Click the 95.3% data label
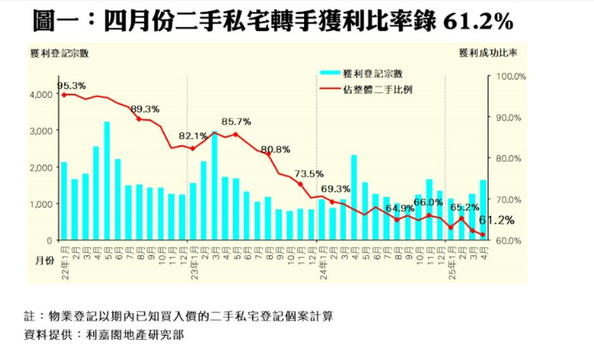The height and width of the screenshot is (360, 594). pos(71,85)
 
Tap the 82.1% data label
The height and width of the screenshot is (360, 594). pos(193,136)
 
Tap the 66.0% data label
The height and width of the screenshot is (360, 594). pos(427,203)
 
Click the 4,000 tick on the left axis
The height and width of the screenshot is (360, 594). pos(40,95)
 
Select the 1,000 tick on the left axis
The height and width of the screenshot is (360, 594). pos(40,203)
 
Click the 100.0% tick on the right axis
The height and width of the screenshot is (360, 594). pos(510,76)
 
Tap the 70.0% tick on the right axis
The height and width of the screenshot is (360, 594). pos(510,199)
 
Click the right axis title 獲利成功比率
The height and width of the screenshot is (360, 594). pos(488,54)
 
